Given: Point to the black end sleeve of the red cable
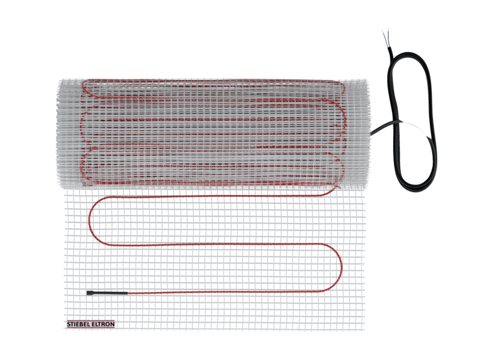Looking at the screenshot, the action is pyautogui.click(x=107, y=293).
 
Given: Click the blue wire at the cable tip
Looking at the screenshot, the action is pyautogui.click(x=385, y=38).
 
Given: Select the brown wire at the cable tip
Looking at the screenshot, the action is pyautogui.click(x=388, y=37).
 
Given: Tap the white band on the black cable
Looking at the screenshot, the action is pyautogui.click(x=415, y=128).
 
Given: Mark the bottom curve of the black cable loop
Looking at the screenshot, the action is pyautogui.click(x=415, y=189).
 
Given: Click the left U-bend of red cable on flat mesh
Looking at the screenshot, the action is pyautogui.click(x=89, y=221).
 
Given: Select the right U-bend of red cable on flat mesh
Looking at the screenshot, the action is pyautogui.click(x=341, y=268).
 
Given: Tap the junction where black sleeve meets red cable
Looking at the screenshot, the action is pyautogui.click(x=128, y=293).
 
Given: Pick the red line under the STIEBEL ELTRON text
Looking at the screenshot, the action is pyautogui.click(x=90, y=328).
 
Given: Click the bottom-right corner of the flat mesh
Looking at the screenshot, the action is pyautogui.click(x=364, y=330).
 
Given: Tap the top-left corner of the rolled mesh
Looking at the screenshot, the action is pyautogui.click(x=60, y=80).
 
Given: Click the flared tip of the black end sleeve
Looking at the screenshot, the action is pyautogui.click(x=89, y=293).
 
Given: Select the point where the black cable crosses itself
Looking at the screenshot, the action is pyautogui.click(x=396, y=122).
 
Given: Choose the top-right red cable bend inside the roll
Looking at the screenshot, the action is pyautogui.click(x=341, y=88).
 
